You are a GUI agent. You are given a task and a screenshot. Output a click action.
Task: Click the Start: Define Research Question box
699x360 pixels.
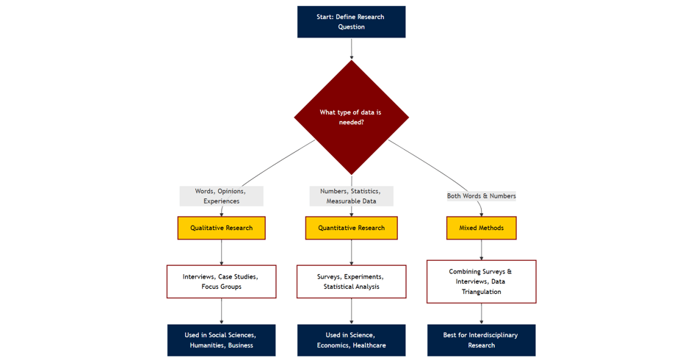tap(351, 22)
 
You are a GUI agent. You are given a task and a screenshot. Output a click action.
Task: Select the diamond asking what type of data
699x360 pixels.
tap(351, 118)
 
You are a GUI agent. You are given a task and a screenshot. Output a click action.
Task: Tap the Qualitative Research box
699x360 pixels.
tap(221, 228)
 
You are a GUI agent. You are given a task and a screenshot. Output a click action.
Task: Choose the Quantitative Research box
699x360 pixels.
tap(351, 228)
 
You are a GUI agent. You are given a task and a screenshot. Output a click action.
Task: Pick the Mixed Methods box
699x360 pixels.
tap(481, 228)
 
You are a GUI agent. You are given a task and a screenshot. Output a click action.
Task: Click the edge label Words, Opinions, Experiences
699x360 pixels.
tap(221, 196)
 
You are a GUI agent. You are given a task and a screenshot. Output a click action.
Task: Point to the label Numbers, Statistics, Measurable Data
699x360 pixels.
tap(351, 196)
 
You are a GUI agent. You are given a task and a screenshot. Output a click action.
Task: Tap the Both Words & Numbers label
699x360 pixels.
tap(481, 196)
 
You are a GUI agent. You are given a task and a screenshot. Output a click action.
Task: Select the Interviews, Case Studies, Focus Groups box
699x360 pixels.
tap(221, 281)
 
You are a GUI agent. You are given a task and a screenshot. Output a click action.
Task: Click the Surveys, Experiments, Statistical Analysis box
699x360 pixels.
tap(351, 281)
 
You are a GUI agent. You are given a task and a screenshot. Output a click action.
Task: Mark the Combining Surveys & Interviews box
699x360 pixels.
tap(481, 281)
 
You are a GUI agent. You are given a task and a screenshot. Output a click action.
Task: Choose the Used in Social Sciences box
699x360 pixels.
tap(221, 340)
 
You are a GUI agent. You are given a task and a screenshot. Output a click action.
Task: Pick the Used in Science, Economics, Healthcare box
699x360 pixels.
tap(351, 340)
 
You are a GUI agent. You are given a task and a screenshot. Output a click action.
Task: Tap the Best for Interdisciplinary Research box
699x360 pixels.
tap(481, 340)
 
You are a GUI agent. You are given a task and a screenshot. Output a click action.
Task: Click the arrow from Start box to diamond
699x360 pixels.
tap(351, 48)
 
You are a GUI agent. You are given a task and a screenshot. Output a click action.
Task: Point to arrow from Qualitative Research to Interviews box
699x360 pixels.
tap(221, 252)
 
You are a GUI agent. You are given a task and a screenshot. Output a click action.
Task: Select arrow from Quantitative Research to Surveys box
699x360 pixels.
tap(351, 252)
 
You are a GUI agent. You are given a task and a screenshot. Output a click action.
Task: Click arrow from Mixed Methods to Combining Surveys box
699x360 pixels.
tap(481, 250)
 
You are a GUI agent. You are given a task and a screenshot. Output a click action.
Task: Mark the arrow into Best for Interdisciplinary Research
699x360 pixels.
tap(481, 314)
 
